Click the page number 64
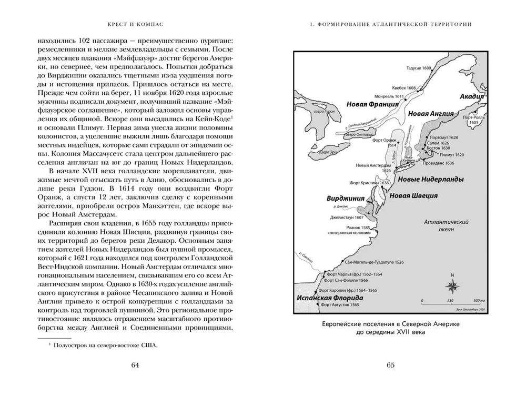(x=135, y=366)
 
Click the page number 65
(x=390, y=366)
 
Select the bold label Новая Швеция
(x=413, y=195)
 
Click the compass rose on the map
(x=452, y=285)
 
